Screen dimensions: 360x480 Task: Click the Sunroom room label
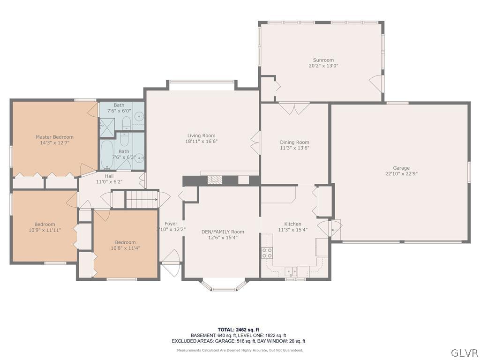[323, 60]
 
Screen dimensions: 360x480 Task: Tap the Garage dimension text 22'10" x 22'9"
[401, 173]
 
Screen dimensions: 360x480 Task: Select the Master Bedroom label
[54, 137]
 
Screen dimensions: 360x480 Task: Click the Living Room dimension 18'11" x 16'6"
[201, 141]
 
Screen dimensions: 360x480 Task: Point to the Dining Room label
[294, 142]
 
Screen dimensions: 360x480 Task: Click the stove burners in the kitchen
[267, 253]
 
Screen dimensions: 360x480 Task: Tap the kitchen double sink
[291, 271]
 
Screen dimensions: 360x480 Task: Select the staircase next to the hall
[142, 199]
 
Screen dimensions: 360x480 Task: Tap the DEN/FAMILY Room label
[223, 232]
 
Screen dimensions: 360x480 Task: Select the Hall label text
[109, 176]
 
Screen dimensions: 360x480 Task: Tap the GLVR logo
[464, 352]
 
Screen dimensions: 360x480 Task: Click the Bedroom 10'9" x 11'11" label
[45, 224]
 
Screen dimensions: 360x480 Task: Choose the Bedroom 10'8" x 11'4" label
[125, 242]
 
